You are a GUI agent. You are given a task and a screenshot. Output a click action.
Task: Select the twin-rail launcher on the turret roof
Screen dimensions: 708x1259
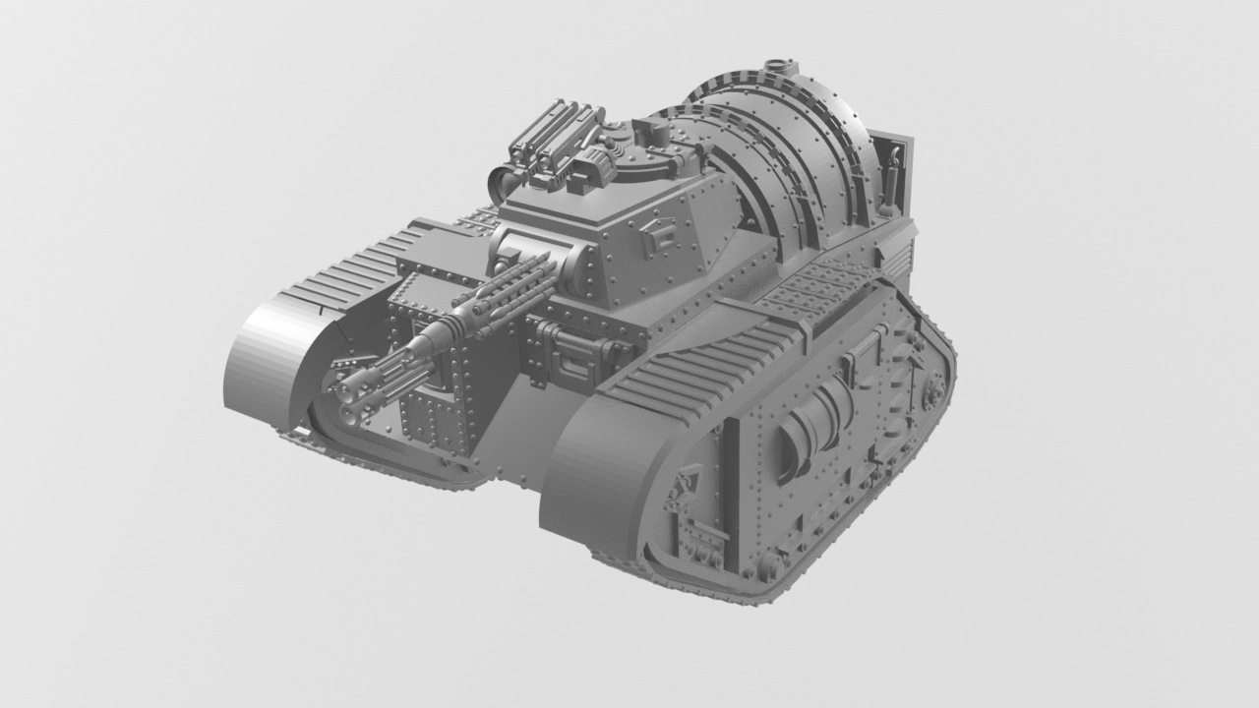(556, 137)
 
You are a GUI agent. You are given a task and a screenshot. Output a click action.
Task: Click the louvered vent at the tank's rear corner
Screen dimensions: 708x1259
(898, 260)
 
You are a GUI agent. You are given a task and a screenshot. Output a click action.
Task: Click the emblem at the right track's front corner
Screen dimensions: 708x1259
(683, 482)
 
